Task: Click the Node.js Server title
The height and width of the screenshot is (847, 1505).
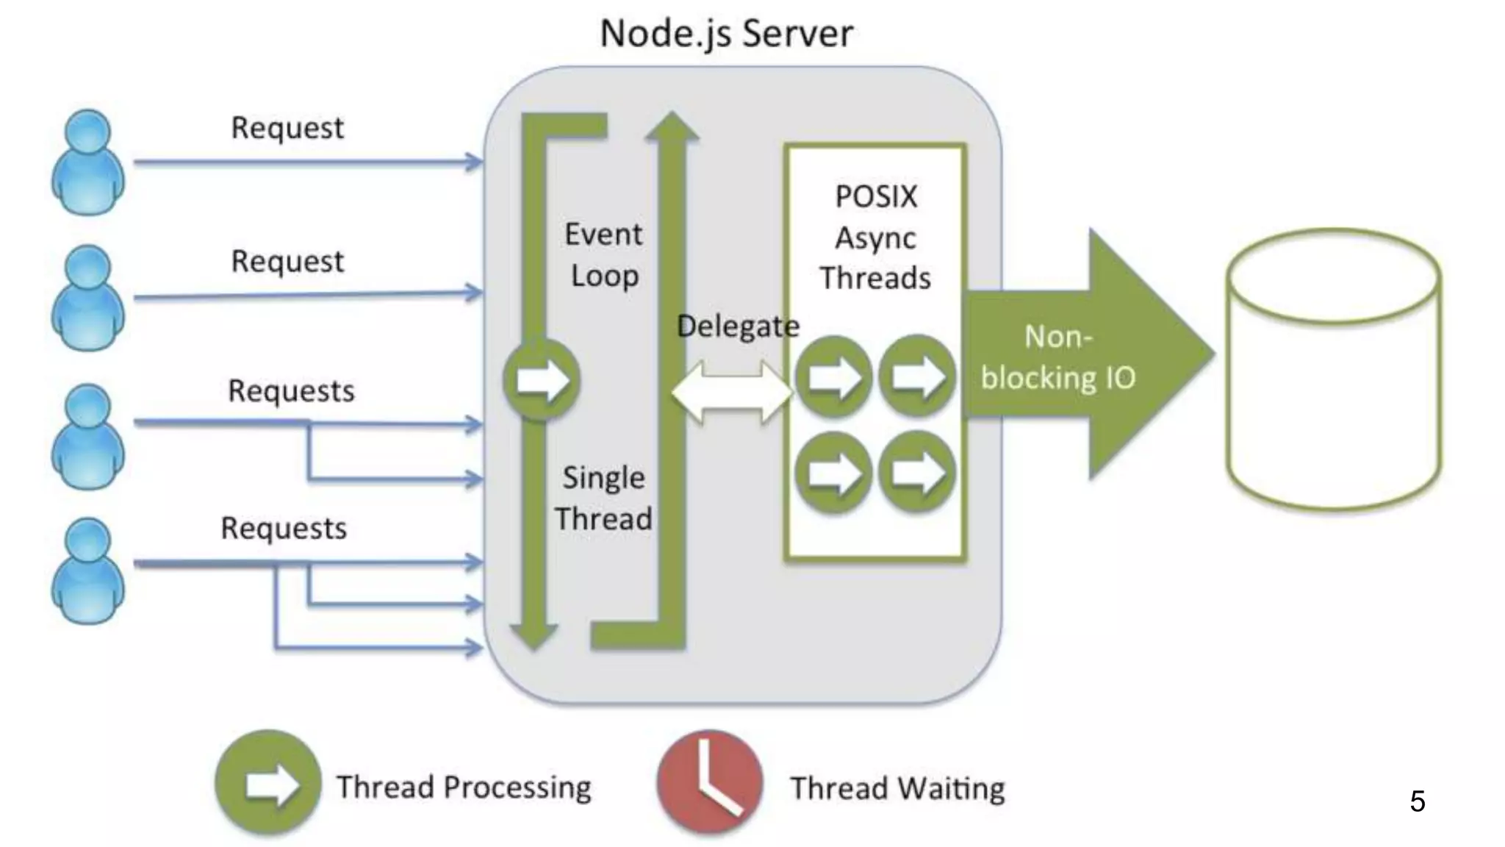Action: point(726,34)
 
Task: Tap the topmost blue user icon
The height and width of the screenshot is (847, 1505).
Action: point(87,162)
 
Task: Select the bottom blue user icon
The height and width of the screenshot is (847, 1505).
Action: point(87,571)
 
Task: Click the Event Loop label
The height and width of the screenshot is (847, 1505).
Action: point(604,254)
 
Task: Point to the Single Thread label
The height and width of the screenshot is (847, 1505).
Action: point(603,498)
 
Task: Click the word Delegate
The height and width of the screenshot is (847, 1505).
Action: point(737,326)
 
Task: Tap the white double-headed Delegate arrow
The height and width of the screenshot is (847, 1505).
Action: point(732,391)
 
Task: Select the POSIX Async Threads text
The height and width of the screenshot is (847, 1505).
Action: point(875,237)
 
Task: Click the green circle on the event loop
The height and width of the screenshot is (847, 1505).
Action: point(542,379)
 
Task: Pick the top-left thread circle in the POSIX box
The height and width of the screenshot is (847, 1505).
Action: point(833,377)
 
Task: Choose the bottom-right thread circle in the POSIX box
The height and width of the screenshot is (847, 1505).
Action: point(916,472)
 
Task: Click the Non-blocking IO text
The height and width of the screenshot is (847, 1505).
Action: point(1058,357)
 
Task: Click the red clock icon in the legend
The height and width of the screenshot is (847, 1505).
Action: point(709,782)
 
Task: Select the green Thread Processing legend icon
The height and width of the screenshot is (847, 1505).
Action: point(268,784)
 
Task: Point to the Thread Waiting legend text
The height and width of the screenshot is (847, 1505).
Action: point(897,788)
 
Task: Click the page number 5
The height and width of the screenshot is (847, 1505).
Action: point(1418,801)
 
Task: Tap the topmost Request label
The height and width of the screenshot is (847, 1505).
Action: point(287,128)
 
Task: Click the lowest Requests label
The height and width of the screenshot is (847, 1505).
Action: point(284,528)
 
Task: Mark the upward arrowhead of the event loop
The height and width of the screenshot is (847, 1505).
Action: point(672,126)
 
